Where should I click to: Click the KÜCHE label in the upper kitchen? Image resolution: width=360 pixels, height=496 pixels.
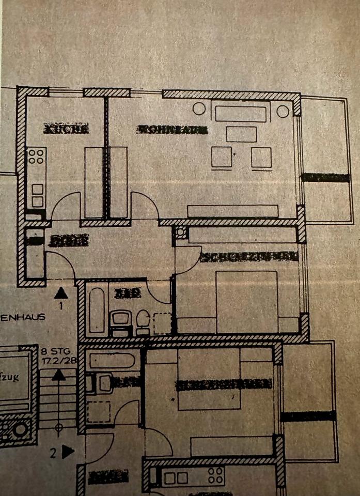click(67, 129)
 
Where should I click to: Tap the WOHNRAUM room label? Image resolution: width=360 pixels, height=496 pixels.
click(172, 130)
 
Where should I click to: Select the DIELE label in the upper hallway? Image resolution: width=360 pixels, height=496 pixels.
click(68, 240)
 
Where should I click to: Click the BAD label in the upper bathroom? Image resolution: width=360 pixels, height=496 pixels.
click(128, 293)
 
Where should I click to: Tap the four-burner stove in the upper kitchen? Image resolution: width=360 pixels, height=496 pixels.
click(36, 156)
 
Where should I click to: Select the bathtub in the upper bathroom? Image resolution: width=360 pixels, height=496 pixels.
click(97, 310)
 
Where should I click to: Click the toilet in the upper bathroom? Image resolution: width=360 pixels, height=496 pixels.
click(143, 321)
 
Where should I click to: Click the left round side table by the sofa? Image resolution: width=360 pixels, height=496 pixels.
click(199, 109)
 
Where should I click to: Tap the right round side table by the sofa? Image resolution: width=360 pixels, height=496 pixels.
click(283, 111)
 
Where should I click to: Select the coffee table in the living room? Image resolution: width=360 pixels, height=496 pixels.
click(241, 134)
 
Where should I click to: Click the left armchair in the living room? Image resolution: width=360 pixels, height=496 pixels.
click(222, 157)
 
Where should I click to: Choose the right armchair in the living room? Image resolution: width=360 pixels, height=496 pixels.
click(261, 157)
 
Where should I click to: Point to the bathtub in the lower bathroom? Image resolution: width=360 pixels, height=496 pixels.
click(112, 361)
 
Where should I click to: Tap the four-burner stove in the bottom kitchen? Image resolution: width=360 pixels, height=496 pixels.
click(215, 475)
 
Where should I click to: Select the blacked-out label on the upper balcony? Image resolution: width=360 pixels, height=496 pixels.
click(325, 177)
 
